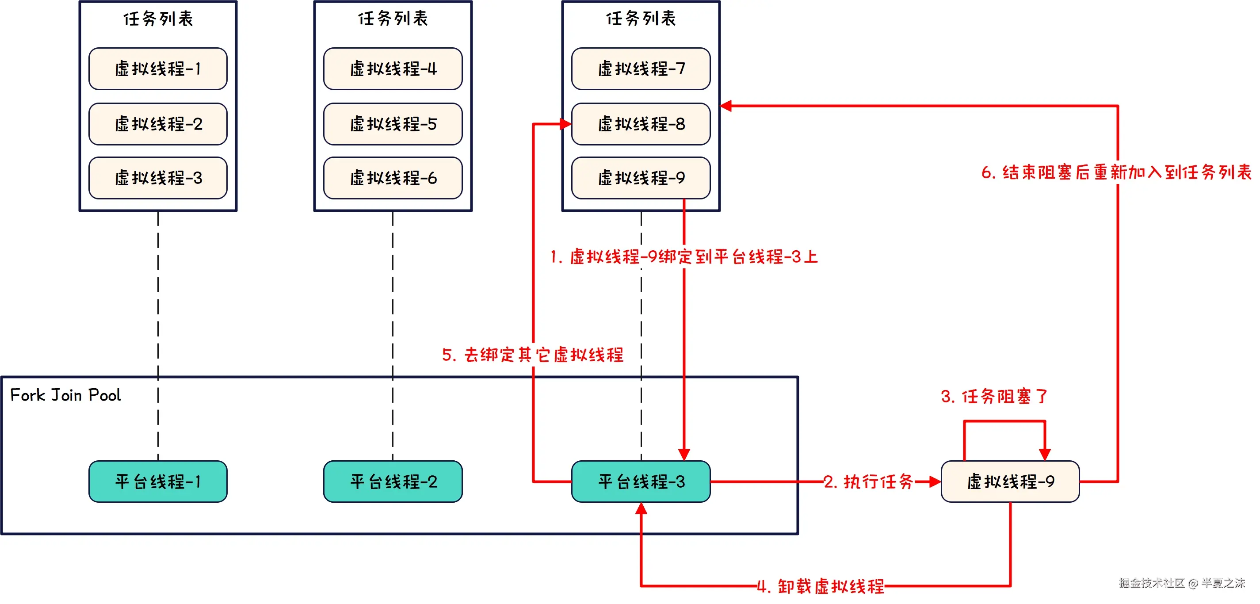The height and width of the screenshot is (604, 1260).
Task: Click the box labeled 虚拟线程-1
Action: coord(157,69)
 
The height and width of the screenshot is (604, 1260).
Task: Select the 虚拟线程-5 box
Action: coord(393,124)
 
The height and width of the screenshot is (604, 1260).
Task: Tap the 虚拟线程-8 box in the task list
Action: coord(641,124)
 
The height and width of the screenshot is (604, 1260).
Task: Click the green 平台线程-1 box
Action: coord(157,481)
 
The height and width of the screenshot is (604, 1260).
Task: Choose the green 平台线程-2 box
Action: coord(393,481)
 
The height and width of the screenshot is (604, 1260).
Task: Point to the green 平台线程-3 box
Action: coord(641,481)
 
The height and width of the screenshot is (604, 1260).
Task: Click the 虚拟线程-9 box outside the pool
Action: coord(1010,481)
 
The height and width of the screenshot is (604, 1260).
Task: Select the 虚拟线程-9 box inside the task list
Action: coord(641,178)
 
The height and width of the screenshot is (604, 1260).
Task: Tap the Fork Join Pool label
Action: coord(65,395)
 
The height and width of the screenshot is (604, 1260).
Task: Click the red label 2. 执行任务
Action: coord(868,481)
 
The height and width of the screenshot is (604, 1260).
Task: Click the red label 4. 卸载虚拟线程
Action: coord(820,585)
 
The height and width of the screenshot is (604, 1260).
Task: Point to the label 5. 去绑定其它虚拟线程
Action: coord(532,354)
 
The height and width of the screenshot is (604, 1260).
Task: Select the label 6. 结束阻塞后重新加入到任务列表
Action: coord(1116,172)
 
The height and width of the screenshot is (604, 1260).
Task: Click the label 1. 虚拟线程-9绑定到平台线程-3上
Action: coord(683,256)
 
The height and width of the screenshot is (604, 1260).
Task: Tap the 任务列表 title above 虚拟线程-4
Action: coord(393,19)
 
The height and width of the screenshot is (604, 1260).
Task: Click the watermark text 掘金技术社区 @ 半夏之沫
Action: coord(1181,582)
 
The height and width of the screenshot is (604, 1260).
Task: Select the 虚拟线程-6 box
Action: coord(393,178)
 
